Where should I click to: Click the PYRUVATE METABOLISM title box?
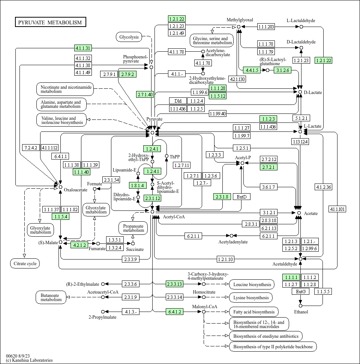click(50, 22)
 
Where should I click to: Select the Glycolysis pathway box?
click(129, 37)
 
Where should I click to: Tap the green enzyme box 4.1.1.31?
click(83, 48)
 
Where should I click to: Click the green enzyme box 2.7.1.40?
click(145, 94)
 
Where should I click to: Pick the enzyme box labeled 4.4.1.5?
click(252, 70)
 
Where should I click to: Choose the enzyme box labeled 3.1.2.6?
click(283, 70)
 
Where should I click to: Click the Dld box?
click(178, 101)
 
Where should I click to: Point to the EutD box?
click(242, 197)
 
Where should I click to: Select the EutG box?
click(300, 291)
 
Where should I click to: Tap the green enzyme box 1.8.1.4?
click(138, 185)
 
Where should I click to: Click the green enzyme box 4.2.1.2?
click(79, 245)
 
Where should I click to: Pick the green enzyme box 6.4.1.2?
click(174, 312)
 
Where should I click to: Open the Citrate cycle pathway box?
click(25, 264)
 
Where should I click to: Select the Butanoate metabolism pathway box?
click(51, 297)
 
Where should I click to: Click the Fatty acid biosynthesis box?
click(254, 312)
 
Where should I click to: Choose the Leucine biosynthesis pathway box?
click(252, 284)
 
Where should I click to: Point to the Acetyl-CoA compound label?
click(174, 216)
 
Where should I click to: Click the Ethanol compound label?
click(301, 312)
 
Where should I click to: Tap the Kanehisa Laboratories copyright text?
click(29, 360)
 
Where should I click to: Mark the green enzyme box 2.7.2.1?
click(268, 167)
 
